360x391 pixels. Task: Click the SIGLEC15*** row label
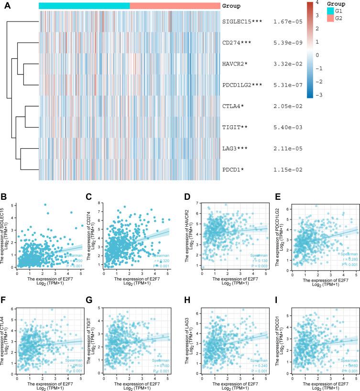(241, 22)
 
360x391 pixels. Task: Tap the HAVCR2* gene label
(236, 64)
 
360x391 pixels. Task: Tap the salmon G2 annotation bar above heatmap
(175, 6)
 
